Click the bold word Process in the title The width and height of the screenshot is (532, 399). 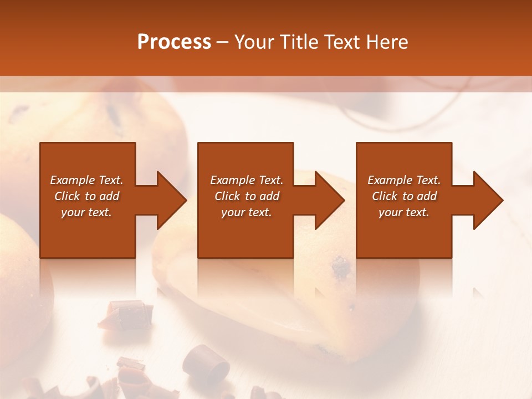pos(174,42)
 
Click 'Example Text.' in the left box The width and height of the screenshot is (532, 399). pos(86,180)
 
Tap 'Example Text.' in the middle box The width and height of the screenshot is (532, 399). pos(247,180)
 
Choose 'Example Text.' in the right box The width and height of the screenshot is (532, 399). pos(404,180)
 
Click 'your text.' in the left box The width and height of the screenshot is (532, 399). pos(86,212)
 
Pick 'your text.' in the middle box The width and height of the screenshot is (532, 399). pos(247,212)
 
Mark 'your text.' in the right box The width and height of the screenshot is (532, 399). pos(404,212)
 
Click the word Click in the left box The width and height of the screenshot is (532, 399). pos(67,196)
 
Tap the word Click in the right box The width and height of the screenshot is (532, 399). pos(385,196)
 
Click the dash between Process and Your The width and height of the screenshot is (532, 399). pos(222,42)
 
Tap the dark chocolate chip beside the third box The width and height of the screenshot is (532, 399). pos(341,268)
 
